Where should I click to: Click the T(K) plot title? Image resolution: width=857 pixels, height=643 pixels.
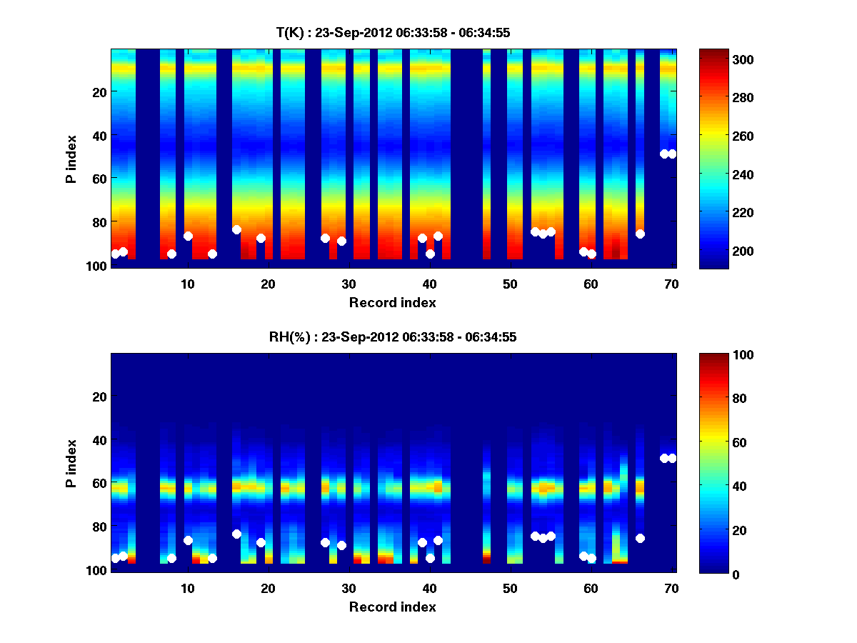click(392, 32)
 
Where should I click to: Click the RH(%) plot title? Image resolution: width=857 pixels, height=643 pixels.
click(392, 337)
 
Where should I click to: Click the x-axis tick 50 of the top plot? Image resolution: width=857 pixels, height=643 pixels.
click(510, 284)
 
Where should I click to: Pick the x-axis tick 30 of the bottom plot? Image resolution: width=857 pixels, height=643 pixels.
click(349, 588)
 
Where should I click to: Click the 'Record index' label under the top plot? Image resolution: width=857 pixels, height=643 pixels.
click(392, 302)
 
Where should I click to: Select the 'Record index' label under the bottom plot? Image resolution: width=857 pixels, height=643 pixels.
click(392, 607)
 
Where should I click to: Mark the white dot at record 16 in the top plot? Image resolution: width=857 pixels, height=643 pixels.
click(236, 229)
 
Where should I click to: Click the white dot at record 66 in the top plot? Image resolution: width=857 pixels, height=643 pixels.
click(640, 234)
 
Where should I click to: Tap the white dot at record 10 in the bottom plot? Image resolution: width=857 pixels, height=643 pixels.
click(188, 540)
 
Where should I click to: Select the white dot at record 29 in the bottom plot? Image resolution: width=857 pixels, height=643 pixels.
click(341, 545)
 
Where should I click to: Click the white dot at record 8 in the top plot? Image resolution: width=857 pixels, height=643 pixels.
click(171, 254)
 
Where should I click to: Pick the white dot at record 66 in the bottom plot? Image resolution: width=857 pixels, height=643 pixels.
click(640, 538)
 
